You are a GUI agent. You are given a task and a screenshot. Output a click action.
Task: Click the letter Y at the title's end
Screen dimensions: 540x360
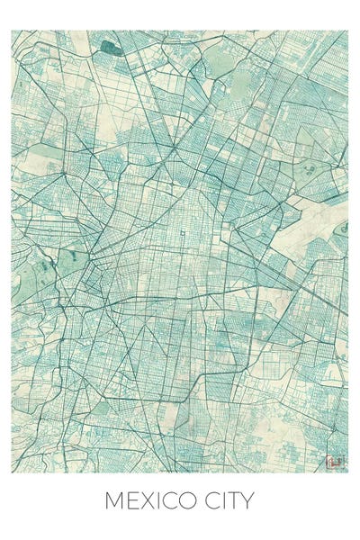click(x=247, y=500)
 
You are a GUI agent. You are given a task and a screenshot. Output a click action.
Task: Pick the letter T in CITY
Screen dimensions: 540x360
click(x=235, y=500)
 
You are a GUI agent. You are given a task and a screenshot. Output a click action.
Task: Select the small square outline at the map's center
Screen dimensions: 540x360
click(x=183, y=235)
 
